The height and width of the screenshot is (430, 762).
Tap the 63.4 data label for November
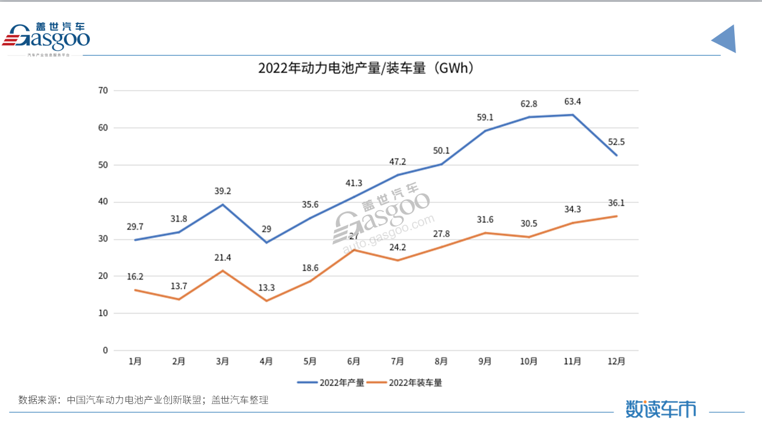[x=573, y=101]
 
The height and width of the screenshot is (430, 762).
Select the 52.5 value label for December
[x=617, y=142]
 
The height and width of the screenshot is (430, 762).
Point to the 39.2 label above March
[x=223, y=191]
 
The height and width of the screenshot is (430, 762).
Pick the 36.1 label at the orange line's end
[x=617, y=203]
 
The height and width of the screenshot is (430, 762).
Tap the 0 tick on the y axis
[x=105, y=350]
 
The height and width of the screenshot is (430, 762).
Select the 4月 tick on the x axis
[x=266, y=362]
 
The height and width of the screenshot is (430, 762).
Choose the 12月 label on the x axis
[x=616, y=362]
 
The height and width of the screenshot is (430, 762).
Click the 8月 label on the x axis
[x=441, y=362]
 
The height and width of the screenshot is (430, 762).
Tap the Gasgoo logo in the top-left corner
[x=47, y=38]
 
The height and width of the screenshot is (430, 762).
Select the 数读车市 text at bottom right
[x=661, y=409]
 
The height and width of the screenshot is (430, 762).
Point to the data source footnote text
[x=143, y=400]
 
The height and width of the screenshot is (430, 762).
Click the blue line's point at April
[x=266, y=243]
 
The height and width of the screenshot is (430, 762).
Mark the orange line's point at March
[x=223, y=271]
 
